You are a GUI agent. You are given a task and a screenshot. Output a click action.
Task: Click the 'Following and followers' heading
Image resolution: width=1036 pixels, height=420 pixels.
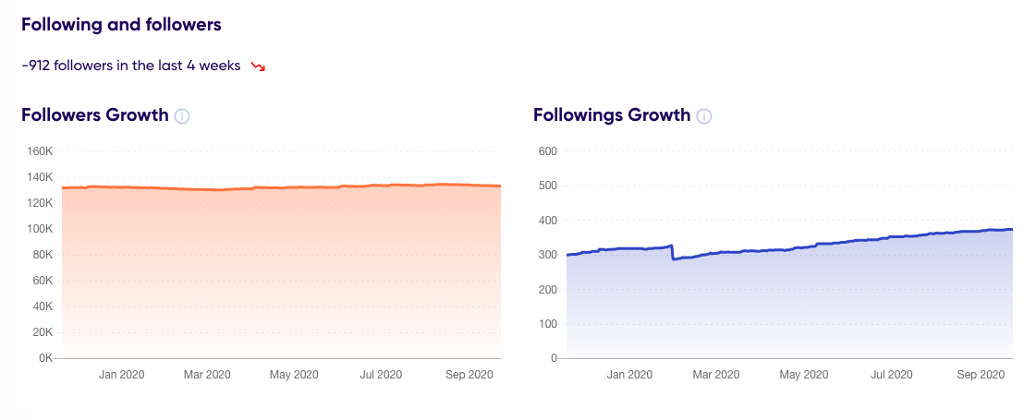coord(121,25)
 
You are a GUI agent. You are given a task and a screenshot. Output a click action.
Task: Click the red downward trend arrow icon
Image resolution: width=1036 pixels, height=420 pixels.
coord(258,66)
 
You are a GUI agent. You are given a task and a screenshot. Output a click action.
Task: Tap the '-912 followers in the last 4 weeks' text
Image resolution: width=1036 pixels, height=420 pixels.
coord(131,66)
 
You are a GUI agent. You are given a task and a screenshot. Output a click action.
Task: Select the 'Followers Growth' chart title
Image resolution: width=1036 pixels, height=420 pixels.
coord(95,115)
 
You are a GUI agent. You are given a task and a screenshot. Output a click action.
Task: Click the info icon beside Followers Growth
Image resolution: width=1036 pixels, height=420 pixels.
coord(182,116)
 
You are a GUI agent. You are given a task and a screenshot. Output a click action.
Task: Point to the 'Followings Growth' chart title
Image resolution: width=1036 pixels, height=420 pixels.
coord(612,115)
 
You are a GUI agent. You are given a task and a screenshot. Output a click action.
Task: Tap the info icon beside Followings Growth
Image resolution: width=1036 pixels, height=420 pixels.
coord(704,116)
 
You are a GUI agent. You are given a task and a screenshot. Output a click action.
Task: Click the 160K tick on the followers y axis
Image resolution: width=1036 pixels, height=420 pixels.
coord(42,151)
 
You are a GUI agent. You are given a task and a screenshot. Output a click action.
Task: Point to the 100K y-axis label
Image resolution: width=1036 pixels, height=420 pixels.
coord(42,229)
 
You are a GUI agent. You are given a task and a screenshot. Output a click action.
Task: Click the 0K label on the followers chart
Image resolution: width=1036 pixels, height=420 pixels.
coord(45,358)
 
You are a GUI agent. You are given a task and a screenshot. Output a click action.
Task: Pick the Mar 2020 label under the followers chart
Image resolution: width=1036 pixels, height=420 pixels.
coord(206,375)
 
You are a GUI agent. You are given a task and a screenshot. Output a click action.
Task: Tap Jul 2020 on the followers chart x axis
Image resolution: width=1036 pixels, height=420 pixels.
coord(380,375)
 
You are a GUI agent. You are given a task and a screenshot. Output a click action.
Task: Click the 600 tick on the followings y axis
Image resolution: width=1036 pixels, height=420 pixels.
coord(547,151)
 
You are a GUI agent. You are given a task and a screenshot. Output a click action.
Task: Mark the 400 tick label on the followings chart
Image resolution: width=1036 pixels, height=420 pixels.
coord(547,221)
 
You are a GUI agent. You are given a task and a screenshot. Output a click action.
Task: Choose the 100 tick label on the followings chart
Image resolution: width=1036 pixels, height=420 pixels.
coord(547,324)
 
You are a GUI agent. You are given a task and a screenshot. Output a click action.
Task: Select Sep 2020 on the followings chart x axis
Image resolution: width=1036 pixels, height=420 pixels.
coord(980,375)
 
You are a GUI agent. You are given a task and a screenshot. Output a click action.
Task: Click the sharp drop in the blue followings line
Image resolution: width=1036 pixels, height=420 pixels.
coord(672,253)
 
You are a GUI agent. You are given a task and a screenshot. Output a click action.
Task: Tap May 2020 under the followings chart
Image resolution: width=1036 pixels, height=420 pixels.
coord(804,375)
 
